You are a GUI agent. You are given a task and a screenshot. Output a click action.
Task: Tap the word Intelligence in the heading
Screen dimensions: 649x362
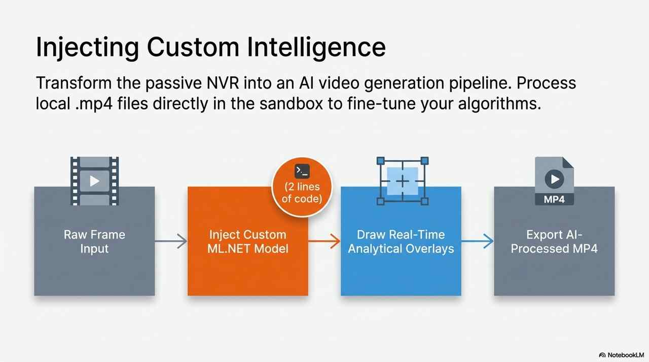(316, 48)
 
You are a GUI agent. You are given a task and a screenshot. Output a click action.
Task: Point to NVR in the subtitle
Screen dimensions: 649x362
(223, 83)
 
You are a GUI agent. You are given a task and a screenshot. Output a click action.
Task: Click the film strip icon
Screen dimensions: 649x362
(94, 181)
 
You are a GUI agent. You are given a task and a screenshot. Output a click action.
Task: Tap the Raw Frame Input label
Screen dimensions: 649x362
(94, 241)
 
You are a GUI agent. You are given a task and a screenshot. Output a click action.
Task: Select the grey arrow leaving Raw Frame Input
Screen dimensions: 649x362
(171, 241)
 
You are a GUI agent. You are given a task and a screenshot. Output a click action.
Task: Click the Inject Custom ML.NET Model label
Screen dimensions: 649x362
(248, 241)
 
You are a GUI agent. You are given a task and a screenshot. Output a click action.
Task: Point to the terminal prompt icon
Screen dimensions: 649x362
(302, 171)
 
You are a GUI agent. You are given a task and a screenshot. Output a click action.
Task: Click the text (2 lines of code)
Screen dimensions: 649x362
(302, 193)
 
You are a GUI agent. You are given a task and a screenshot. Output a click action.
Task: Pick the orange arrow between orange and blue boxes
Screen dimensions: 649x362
(324, 241)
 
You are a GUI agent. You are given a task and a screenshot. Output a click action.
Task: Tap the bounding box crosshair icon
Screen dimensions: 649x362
(403, 181)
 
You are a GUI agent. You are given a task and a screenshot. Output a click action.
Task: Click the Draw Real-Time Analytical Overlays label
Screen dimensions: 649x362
(401, 241)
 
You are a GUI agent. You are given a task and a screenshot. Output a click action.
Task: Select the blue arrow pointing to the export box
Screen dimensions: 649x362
(478, 241)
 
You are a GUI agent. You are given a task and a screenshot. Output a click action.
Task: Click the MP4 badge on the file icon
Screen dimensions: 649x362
(554, 199)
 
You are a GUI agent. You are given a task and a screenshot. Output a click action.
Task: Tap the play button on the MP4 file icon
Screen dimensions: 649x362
(554, 179)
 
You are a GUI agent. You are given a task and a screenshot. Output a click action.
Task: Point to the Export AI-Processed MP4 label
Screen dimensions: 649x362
(554, 241)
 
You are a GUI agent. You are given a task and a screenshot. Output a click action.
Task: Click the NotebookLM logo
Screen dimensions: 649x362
(622, 355)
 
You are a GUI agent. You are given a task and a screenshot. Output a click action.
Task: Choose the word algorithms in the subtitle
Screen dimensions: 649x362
(499, 103)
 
